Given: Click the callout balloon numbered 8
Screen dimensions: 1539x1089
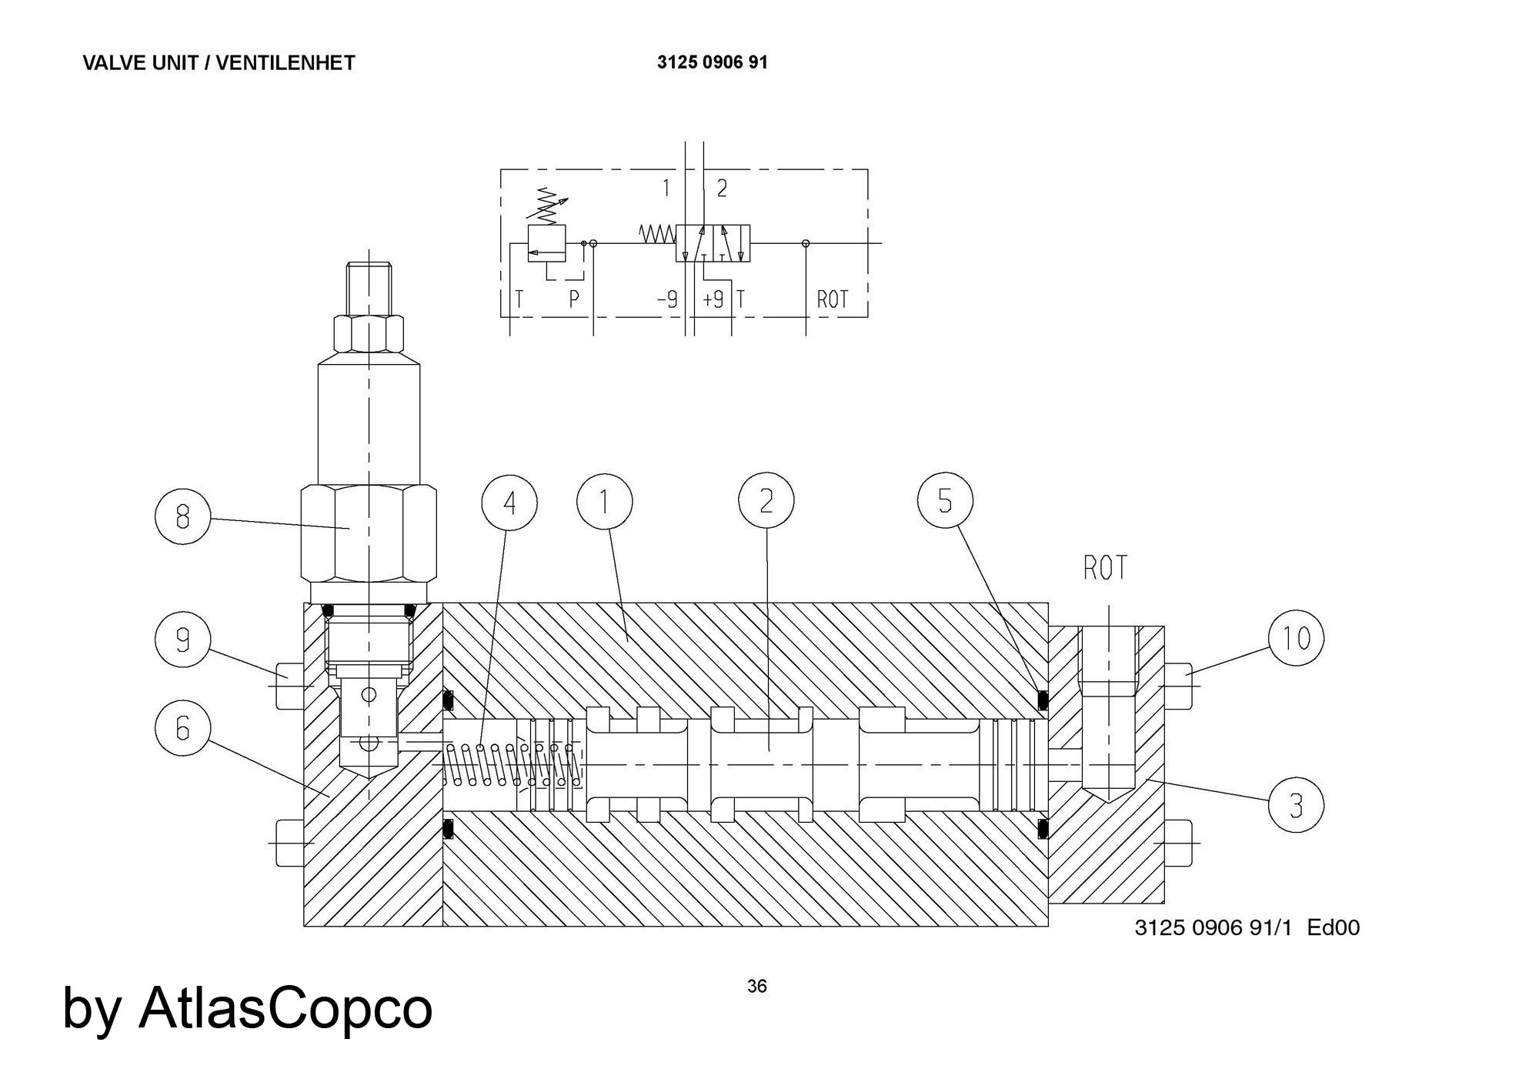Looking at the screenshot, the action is tap(182, 516).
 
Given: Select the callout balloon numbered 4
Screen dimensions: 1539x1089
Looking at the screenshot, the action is tap(509, 503).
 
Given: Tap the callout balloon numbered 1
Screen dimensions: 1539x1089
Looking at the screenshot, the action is tap(605, 503).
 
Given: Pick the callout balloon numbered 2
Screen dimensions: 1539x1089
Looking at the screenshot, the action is tap(766, 501).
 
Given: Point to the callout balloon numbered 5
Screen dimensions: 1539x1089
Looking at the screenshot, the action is tap(945, 501).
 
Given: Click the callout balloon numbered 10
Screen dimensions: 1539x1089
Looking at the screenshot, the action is tap(1297, 637).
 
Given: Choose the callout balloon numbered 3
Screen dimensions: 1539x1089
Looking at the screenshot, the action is tap(1296, 806).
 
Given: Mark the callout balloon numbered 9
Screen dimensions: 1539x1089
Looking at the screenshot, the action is tap(182, 639).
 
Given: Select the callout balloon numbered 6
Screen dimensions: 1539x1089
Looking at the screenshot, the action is tap(182, 728).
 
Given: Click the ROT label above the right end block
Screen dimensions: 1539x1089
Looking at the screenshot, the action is tap(1106, 568).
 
